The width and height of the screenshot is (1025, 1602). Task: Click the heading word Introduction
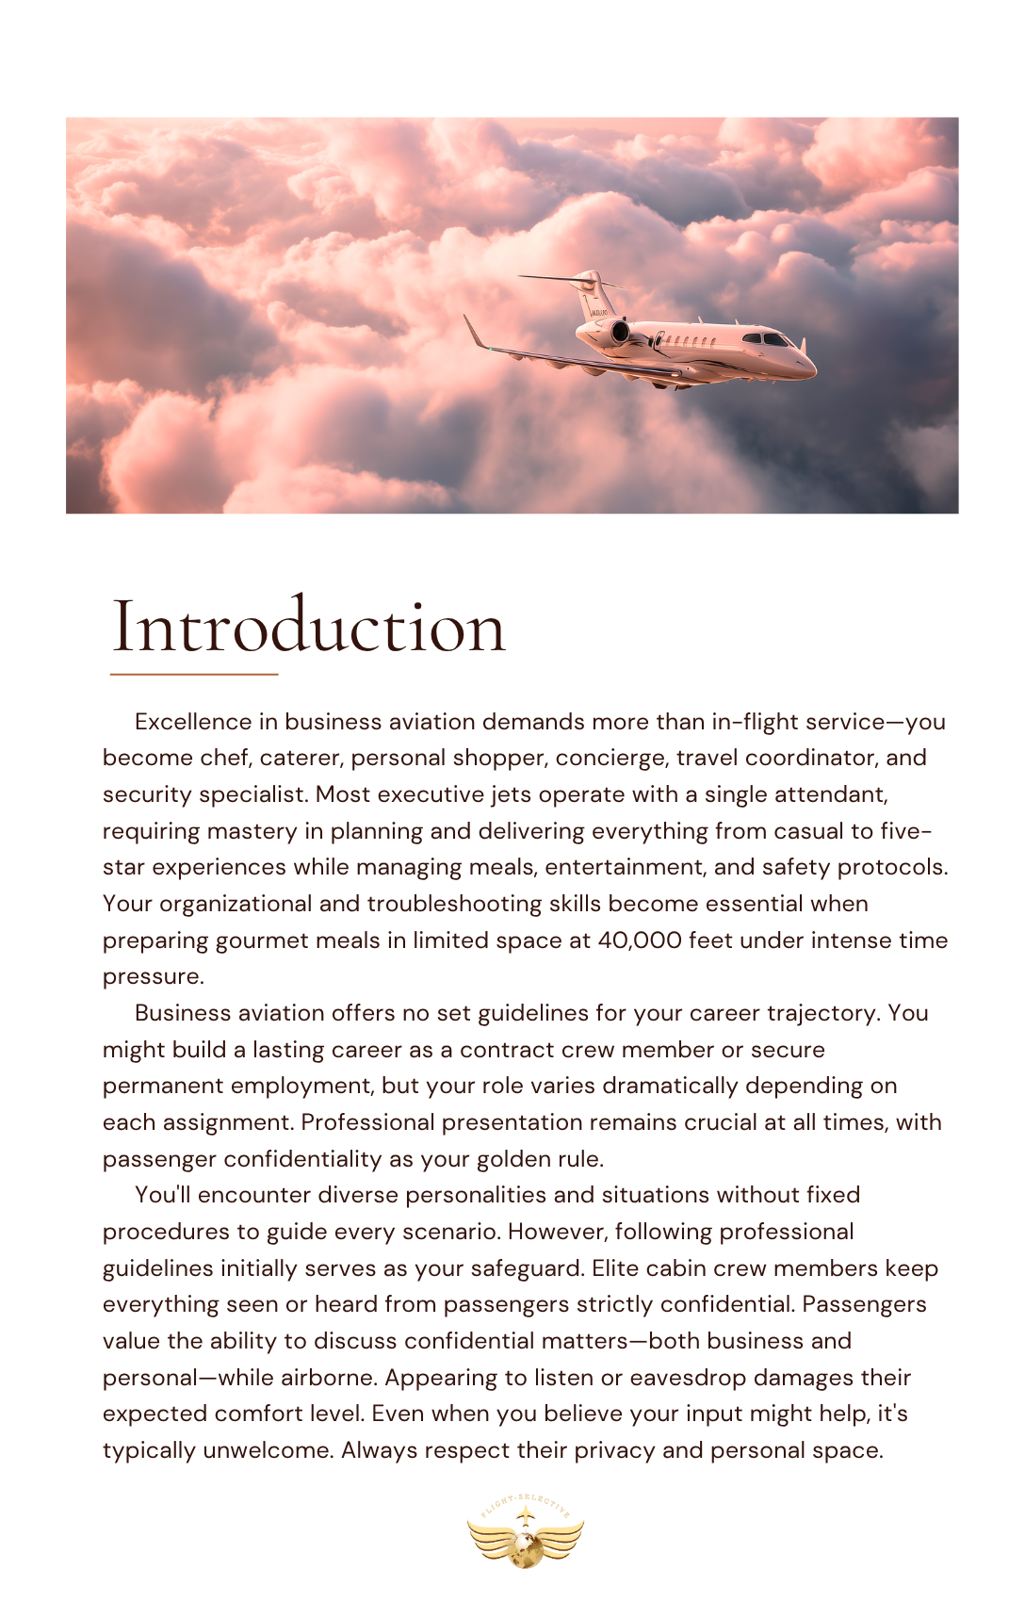click(309, 627)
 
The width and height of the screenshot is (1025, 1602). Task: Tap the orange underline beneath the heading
click(194, 675)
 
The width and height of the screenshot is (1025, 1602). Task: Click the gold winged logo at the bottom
click(525, 1532)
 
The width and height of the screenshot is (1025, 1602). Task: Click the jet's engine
click(619, 331)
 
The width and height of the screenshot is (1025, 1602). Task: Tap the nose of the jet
click(809, 368)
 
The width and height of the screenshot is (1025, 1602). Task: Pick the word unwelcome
click(268, 1450)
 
